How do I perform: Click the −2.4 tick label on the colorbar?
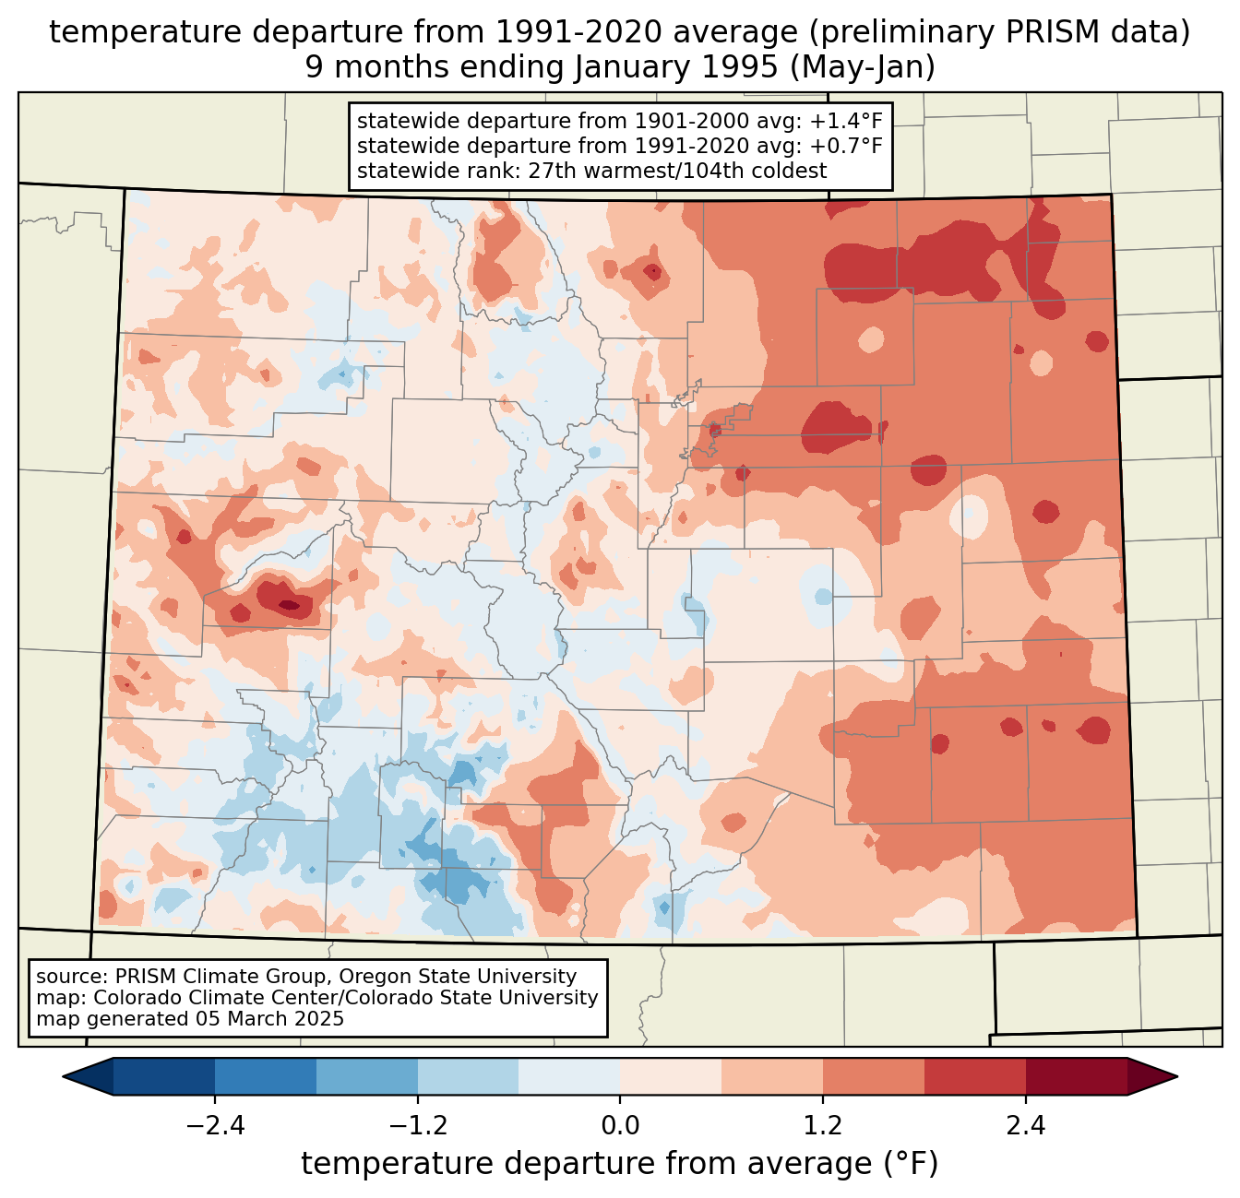tap(215, 1126)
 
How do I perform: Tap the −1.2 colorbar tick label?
tap(417, 1126)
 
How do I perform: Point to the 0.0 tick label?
tap(620, 1126)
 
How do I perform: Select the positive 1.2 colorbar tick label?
tap(823, 1126)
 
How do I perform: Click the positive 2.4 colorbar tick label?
tap(1025, 1126)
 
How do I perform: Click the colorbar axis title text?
tap(620, 1164)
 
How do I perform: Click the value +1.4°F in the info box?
tap(846, 122)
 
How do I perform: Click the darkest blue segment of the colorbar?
tap(164, 1076)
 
